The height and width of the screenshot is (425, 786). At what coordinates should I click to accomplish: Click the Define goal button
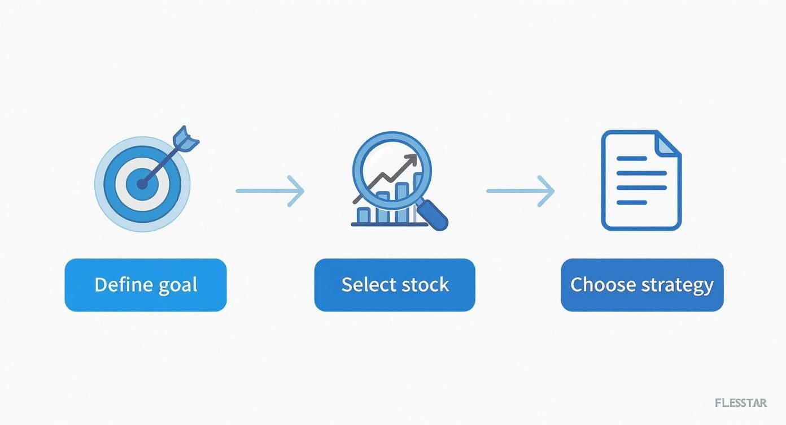tap(146, 285)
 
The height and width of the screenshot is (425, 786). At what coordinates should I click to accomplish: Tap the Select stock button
tap(395, 285)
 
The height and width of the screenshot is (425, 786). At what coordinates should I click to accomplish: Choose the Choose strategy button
tap(642, 285)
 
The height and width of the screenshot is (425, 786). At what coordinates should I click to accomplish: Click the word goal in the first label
tap(178, 285)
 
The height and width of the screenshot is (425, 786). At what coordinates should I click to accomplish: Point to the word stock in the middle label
tap(425, 284)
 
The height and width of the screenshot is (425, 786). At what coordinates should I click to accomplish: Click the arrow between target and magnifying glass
tap(270, 191)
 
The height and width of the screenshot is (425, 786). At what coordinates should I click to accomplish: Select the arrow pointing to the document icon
tap(521, 191)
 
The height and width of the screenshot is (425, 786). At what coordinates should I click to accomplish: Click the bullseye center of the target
tap(142, 184)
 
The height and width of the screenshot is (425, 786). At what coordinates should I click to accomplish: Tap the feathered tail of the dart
tap(186, 139)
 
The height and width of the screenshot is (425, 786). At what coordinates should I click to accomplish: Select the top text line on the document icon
tap(632, 158)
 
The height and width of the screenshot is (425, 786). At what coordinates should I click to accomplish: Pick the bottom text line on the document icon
tap(632, 202)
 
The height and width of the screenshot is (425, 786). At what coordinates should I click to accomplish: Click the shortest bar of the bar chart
tap(363, 215)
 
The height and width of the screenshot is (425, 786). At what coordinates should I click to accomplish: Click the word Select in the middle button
tap(369, 284)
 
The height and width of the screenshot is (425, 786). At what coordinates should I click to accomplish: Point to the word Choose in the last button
tap(604, 284)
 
